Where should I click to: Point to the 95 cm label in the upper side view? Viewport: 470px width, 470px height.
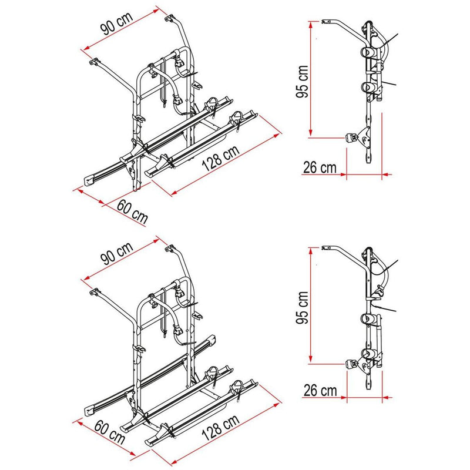(x=301, y=82)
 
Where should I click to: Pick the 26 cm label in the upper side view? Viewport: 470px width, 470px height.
(x=320, y=167)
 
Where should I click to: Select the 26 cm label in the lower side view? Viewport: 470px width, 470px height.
(x=320, y=389)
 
